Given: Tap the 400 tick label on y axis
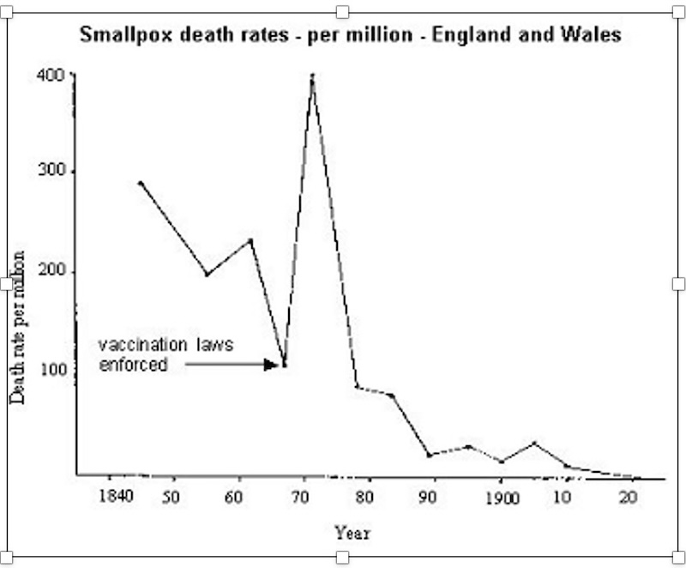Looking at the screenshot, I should pos(51,75).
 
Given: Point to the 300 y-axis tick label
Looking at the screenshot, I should pos(51,172).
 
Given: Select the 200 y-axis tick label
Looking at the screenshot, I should pos(51,272).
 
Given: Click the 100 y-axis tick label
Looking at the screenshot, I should pos(51,371).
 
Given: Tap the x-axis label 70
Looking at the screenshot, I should pos(300,498).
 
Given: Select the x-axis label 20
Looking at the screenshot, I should pos(628,498).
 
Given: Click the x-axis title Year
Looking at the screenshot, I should pos(352,533).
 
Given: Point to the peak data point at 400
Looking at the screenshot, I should pos(313,76).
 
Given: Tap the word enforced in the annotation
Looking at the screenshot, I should pos(132,364).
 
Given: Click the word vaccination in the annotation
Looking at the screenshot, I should pos(140,346).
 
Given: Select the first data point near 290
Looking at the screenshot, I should pos(141,183).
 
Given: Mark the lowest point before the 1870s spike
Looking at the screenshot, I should pos(285,365).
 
